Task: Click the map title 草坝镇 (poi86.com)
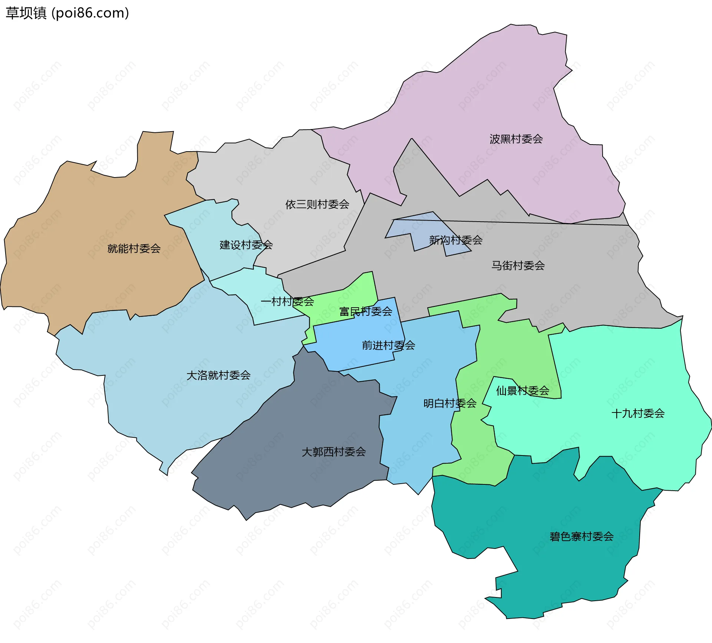tap(67, 13)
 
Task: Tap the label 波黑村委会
tap(516, 139)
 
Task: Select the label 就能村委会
tap(134, 248)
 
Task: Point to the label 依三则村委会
tap(317, 204)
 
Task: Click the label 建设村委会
tap(246, 245)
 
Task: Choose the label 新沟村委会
tap(455, 240)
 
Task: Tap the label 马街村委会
tap(518, 265)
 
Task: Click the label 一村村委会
tap(287, 302)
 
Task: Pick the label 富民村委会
tap(366, 311)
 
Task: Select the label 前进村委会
tap(388, 345)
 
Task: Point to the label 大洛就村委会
tap(218, 375)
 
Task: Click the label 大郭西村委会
tap(334, 452)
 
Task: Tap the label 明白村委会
tap(449, 403)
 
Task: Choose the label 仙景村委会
tap(523, 391)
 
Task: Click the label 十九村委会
tap(638, 413)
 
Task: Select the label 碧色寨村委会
tap(581, 536)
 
